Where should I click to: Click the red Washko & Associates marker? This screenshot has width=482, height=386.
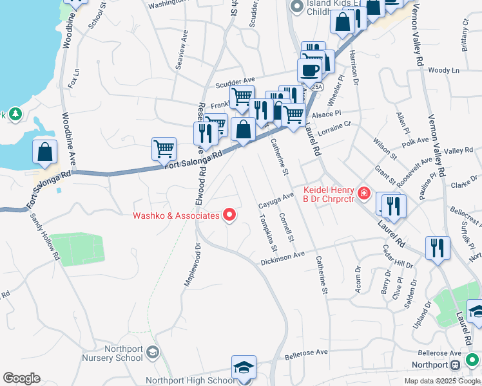pyautogui.click(x=229, y=216)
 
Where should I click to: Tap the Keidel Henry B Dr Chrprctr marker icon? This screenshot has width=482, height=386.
pyautogui.click(x=364, y=192)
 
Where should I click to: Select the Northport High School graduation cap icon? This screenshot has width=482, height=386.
pyautogui.click(x=243, y=369)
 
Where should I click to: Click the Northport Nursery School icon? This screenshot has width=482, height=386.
pyautogui.click(x=153, y=351)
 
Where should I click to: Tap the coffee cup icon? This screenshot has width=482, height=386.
pyautogui.click(x=309, y=70)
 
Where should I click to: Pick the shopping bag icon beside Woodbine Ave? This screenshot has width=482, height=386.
pyautogui.click(x=45, y=152)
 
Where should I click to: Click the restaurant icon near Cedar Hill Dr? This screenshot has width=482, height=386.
pyautogui.click(x=438, y=248)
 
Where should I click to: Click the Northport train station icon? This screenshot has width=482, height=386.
pyautogui.click(x=456, y=365)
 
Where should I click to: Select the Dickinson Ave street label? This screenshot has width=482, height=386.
pyautogui.click(x=282, y=258)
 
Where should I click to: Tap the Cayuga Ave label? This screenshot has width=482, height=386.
pyautogui.click(x=276, y=199)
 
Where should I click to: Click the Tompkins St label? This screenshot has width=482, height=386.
pyautogui.click(x=267, y=232)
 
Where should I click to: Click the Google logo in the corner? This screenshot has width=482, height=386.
pyautogui.click(x=21, y=378)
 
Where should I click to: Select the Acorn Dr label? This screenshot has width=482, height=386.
pyautogui.click(x=357, y=281)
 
